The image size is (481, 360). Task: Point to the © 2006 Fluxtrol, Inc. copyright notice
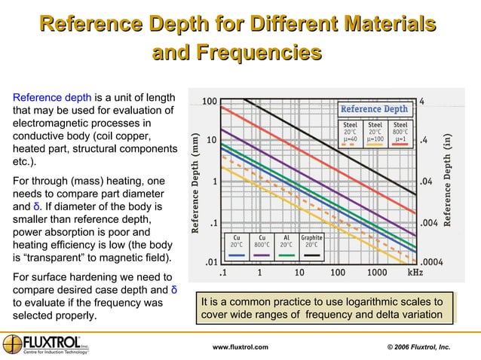(418, 346)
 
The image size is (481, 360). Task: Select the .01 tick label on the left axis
(211, 262)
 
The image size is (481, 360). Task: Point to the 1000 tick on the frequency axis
(376, 273)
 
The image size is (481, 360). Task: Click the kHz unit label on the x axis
(415, 273)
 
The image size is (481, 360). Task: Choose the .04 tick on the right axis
(427, 182)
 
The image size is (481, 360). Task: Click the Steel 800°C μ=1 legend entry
(400, 133)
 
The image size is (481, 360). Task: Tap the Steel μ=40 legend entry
(351, 133)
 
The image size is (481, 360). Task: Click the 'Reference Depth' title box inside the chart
(374, 109)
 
